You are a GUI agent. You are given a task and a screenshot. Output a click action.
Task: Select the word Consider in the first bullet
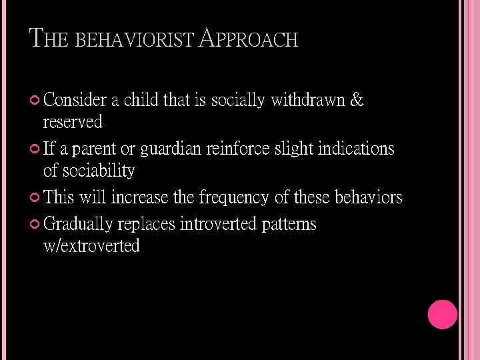[75, 101]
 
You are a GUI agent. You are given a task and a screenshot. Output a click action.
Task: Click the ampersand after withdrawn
[357, 100]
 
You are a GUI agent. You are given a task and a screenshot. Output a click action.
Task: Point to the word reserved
[73, 123]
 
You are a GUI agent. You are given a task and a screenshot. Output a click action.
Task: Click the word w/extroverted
[91, 246]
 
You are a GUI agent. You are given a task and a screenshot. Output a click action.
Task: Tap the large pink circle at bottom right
[442, 315]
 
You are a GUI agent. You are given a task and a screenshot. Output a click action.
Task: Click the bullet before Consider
[36, 101]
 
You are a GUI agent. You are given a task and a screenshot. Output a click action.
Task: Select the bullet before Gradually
[36, 224]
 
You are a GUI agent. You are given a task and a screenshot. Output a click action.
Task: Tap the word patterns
[289, 224]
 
